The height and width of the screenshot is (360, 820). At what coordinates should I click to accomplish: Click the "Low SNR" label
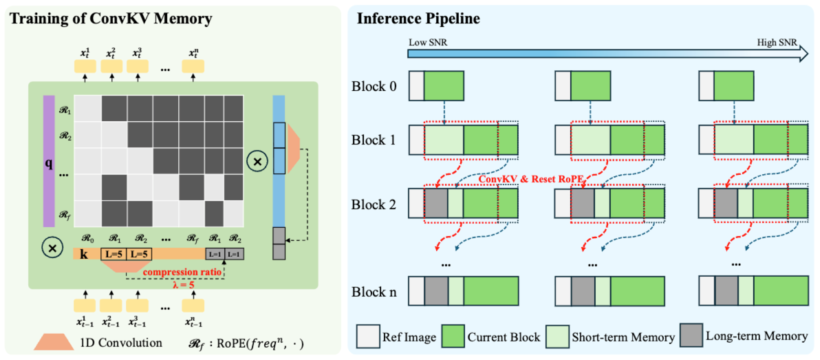424,43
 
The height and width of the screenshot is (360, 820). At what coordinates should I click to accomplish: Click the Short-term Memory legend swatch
558,337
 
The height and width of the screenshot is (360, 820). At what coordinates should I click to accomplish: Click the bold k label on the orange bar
83,253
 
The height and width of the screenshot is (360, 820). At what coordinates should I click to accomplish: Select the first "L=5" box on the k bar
114,254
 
